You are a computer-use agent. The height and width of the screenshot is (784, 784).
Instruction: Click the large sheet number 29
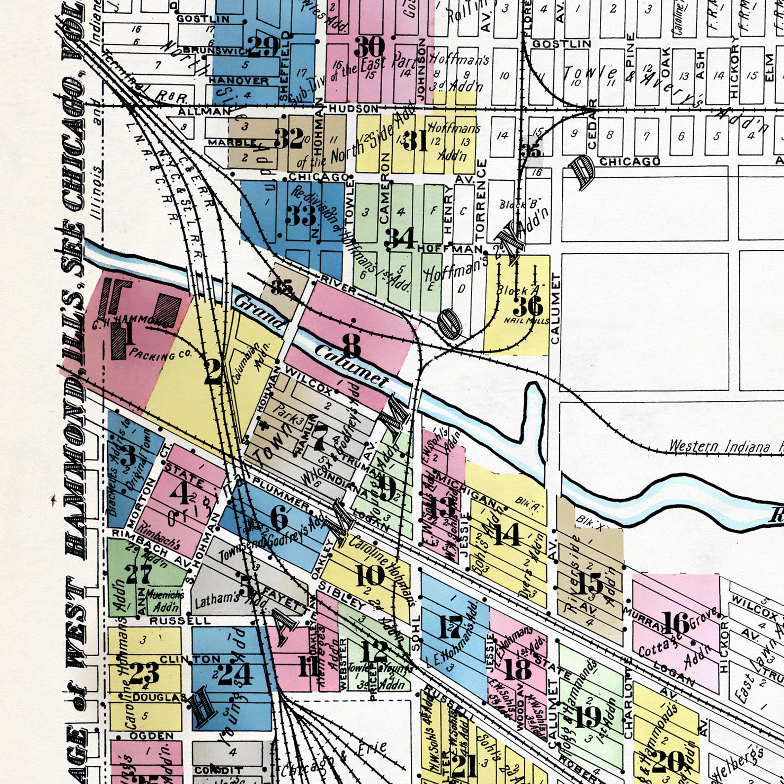(263, 47)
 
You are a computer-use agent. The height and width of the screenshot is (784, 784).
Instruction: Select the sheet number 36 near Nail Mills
(528, 306)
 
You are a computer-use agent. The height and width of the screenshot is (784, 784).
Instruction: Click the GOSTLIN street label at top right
(561, 44)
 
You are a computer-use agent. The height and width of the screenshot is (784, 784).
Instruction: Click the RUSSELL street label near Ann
(180, 621)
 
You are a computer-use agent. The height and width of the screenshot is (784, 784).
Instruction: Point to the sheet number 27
(138, 574)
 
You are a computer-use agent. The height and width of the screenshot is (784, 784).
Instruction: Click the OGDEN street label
(152, 736)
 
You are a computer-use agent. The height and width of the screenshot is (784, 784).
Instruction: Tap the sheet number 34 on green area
(401, 238)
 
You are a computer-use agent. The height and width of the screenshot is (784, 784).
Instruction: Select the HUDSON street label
(353, 108)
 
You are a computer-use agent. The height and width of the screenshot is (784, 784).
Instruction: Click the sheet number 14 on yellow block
(507, 534)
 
